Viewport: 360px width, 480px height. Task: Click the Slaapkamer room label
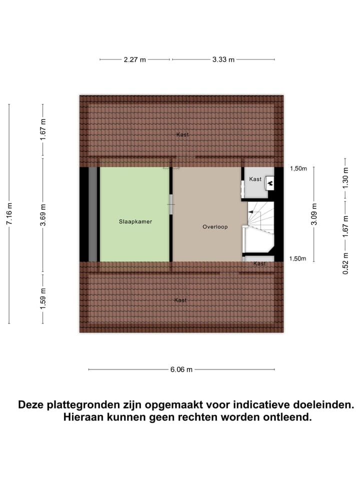pyautogui.click(x=135, y=221)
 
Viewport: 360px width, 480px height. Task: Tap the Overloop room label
pyautogui.click(x=215, y=226)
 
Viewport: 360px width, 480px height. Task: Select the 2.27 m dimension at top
pyautogui.click(x=135, y=59)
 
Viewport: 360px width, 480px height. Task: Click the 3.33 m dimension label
pyautogui.click(x=223, y=59)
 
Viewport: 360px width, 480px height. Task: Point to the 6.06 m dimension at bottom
pyautogui.click(x=181, y=369)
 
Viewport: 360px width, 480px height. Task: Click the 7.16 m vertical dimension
pyautogui.click(x=9, y=213)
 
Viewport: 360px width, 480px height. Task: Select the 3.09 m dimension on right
pyautogui.click(x=314, y=213)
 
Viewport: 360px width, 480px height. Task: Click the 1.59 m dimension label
pyautogui.click(x=43, y=298)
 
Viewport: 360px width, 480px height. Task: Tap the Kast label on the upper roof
pyautogui.click(x=182, y=134)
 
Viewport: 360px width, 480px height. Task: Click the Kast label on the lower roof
pyautogui.click(x=180, y=300)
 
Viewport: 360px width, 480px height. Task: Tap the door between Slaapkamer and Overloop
pyautogui.click(x=171, y=204)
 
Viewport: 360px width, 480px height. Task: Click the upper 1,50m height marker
pyautogui.click(x=298, y=168)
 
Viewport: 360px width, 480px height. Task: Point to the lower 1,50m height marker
pyautogui.click(x=298, y=258)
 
